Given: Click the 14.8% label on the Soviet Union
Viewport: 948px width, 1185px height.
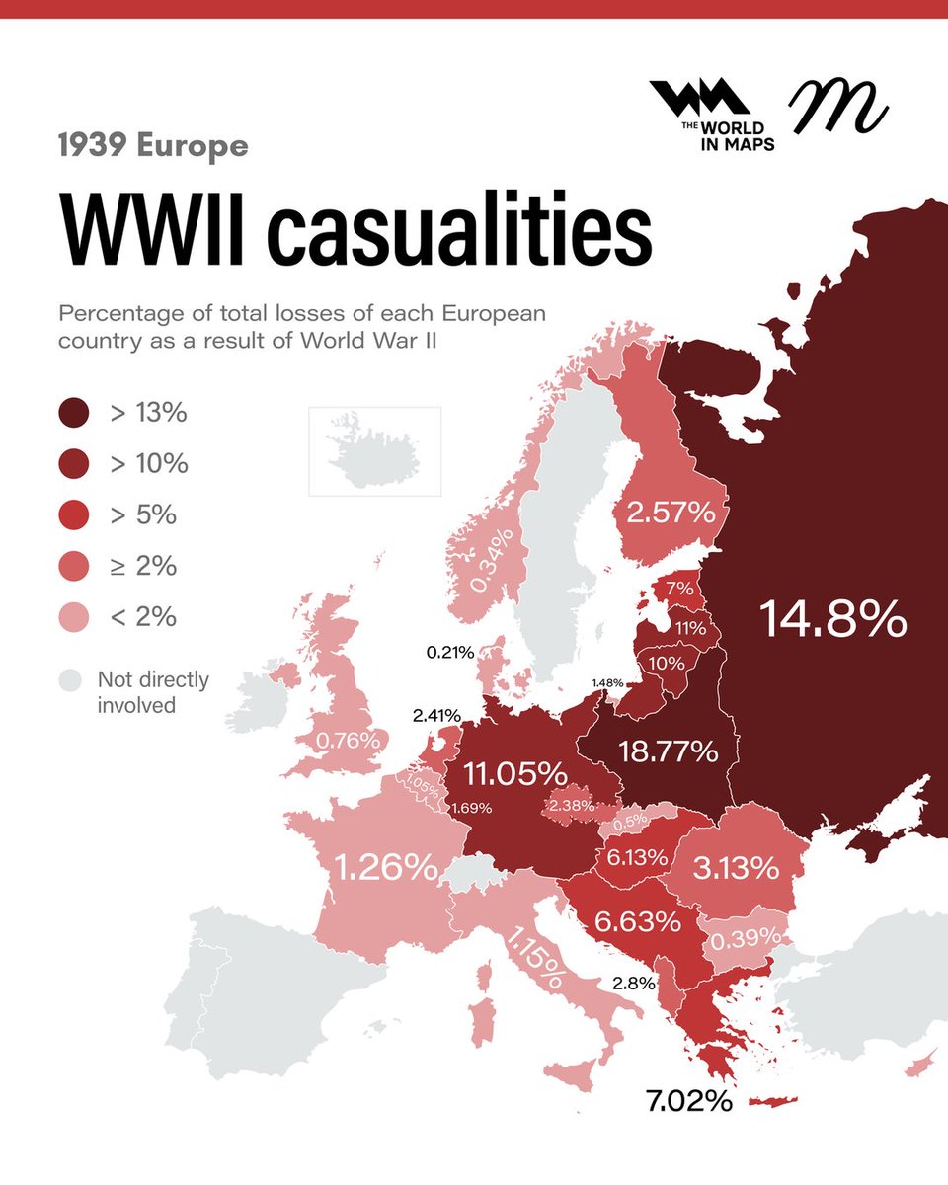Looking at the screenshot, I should [832, 619].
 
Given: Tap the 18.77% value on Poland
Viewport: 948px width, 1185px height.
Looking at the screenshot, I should [668, 751].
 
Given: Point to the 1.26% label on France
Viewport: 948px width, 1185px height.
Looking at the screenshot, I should [386, 868].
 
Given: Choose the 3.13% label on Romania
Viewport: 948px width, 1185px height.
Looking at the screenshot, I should [736, 869].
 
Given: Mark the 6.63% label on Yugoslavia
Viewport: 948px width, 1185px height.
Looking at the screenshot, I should [637, 921].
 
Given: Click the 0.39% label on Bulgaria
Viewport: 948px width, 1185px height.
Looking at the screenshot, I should [742, 935].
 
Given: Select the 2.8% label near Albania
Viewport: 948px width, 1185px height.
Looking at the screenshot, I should [634, 983].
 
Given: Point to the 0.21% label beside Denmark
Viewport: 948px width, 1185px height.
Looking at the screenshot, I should [450, 652].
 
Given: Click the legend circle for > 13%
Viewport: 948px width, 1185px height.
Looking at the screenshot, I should [74, 413].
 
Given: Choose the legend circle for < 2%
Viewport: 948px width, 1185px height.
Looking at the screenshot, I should [74, 617].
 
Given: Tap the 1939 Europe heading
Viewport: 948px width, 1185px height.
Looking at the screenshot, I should [152, 147].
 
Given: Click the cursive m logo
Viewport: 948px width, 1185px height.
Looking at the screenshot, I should [837, 107].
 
